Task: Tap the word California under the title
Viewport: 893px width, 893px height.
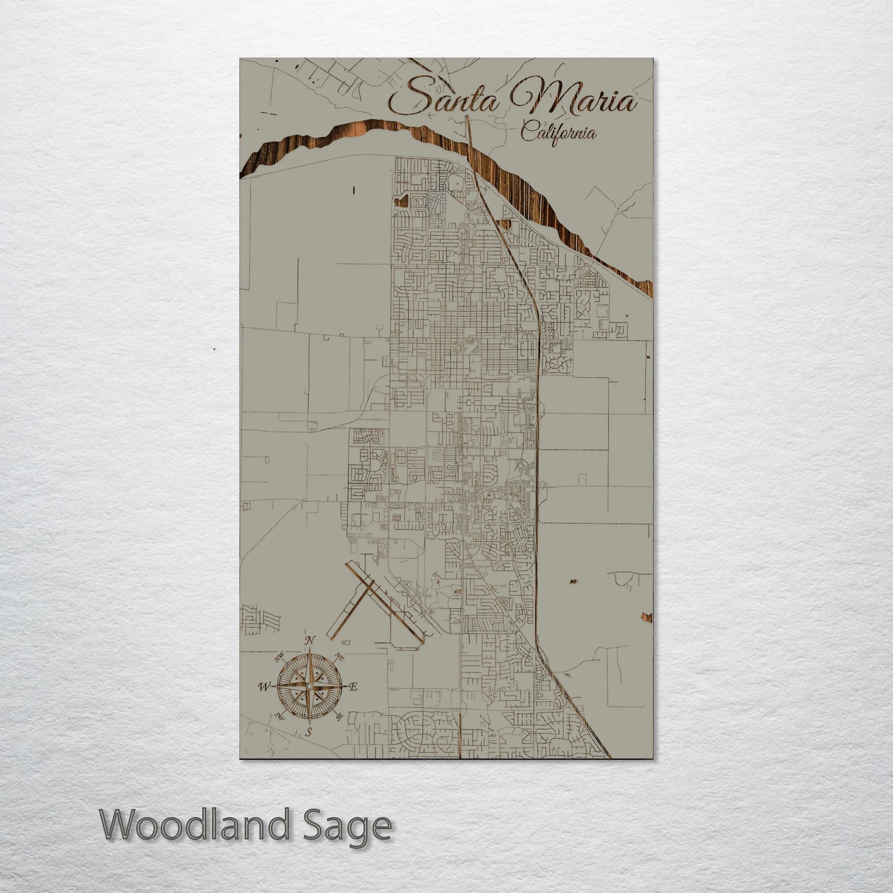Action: [558, 133]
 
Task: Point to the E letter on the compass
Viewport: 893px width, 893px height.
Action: [353, 686]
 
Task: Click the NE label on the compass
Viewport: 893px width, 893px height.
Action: [339, 657]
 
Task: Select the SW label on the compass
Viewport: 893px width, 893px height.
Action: [279, 717]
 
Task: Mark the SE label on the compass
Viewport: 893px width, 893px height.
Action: [339, 716]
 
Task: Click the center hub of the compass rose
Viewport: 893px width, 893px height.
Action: [309, 686]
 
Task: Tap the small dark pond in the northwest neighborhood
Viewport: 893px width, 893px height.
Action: [404, 200]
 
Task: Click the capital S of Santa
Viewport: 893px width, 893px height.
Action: [405, 98]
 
